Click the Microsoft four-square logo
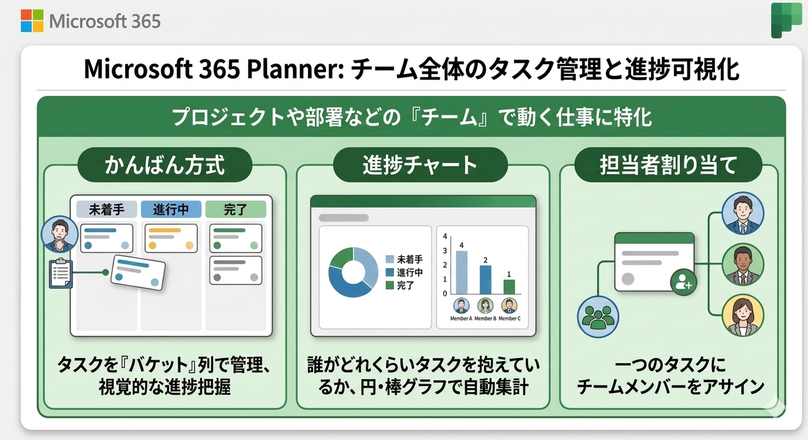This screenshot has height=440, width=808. pos(32,21)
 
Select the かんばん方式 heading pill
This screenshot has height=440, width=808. pos(165,165)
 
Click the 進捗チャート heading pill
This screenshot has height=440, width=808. pos(420,165)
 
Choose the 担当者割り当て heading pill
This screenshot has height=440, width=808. pos(668,165)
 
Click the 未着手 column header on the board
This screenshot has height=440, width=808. pos(107,209)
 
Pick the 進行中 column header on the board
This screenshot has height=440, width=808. pos(171,209)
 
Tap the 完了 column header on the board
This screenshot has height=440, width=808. pos(235,209)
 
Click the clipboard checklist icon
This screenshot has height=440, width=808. pos(60,274)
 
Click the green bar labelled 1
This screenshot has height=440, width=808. pos(509,286)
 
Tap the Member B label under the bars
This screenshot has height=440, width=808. pos(485,318)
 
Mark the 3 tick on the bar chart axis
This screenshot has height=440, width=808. pos(445,251)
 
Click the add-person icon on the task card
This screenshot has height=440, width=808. pos(683,284)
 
